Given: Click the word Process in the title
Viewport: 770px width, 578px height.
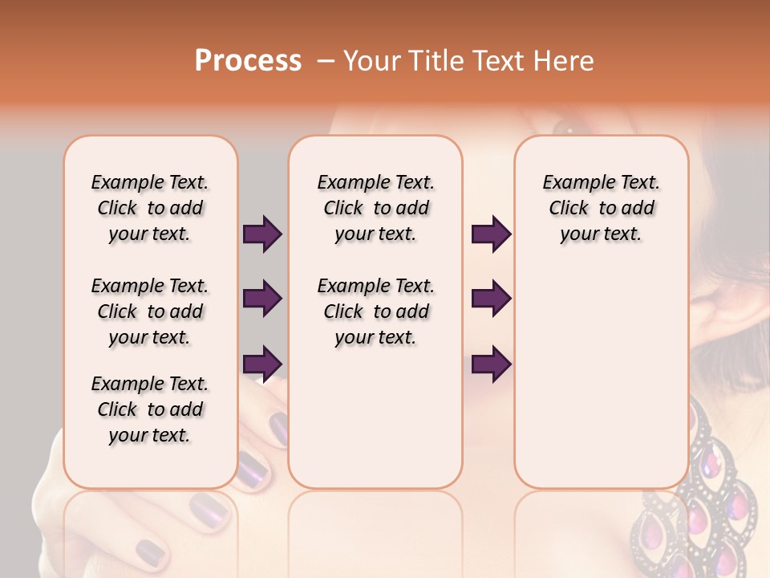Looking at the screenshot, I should (248, 61).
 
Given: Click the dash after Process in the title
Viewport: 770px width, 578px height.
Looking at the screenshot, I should (326, 61).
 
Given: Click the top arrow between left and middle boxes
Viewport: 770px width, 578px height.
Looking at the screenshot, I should (262, 234).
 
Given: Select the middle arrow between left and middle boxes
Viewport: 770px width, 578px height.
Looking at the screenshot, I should (262, 299).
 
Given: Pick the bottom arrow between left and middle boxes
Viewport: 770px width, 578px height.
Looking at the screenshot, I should (262, 363).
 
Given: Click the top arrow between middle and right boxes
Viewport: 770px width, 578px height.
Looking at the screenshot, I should (491, 234).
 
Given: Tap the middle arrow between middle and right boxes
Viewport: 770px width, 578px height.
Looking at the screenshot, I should (491, 299).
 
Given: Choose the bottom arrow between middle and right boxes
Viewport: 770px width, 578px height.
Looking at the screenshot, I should (491, 364).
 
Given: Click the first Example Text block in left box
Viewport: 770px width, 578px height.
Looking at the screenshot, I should (150, 208).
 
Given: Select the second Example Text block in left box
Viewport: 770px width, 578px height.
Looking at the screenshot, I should (150, 311).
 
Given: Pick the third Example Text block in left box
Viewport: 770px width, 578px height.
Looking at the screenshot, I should (150, 409).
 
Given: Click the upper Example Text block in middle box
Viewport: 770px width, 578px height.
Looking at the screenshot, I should (375, 208).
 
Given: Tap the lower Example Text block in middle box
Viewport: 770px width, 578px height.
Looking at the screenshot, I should (375, 311).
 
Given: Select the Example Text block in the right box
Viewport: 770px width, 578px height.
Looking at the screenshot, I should (602, 208).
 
